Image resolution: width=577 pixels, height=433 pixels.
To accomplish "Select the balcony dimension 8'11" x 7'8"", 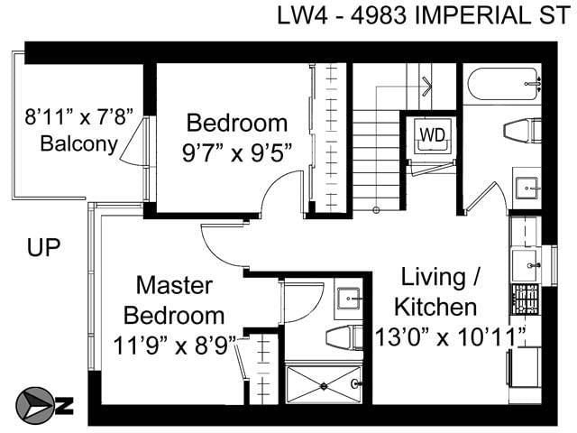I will click(78, 116).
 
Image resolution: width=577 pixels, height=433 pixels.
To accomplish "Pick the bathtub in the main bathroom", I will click(502, 87).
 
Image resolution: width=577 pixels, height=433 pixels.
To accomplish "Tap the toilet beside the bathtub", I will click(523, 130).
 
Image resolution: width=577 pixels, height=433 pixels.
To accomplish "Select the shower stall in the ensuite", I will click(324, 383).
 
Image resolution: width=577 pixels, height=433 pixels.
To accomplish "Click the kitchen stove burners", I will click(525, 298).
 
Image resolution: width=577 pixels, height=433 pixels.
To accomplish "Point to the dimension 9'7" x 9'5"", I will click(237, 152).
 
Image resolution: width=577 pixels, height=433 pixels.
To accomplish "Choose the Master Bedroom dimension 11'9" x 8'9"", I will click(174, 344).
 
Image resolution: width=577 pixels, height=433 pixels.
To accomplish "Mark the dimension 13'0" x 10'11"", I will click(451, 336).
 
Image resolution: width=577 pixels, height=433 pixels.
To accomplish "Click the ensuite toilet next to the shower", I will click(343, 337).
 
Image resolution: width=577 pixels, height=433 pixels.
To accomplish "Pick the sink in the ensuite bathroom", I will click(348, 298).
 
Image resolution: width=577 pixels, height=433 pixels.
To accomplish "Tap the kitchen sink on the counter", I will click(526, 264).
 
